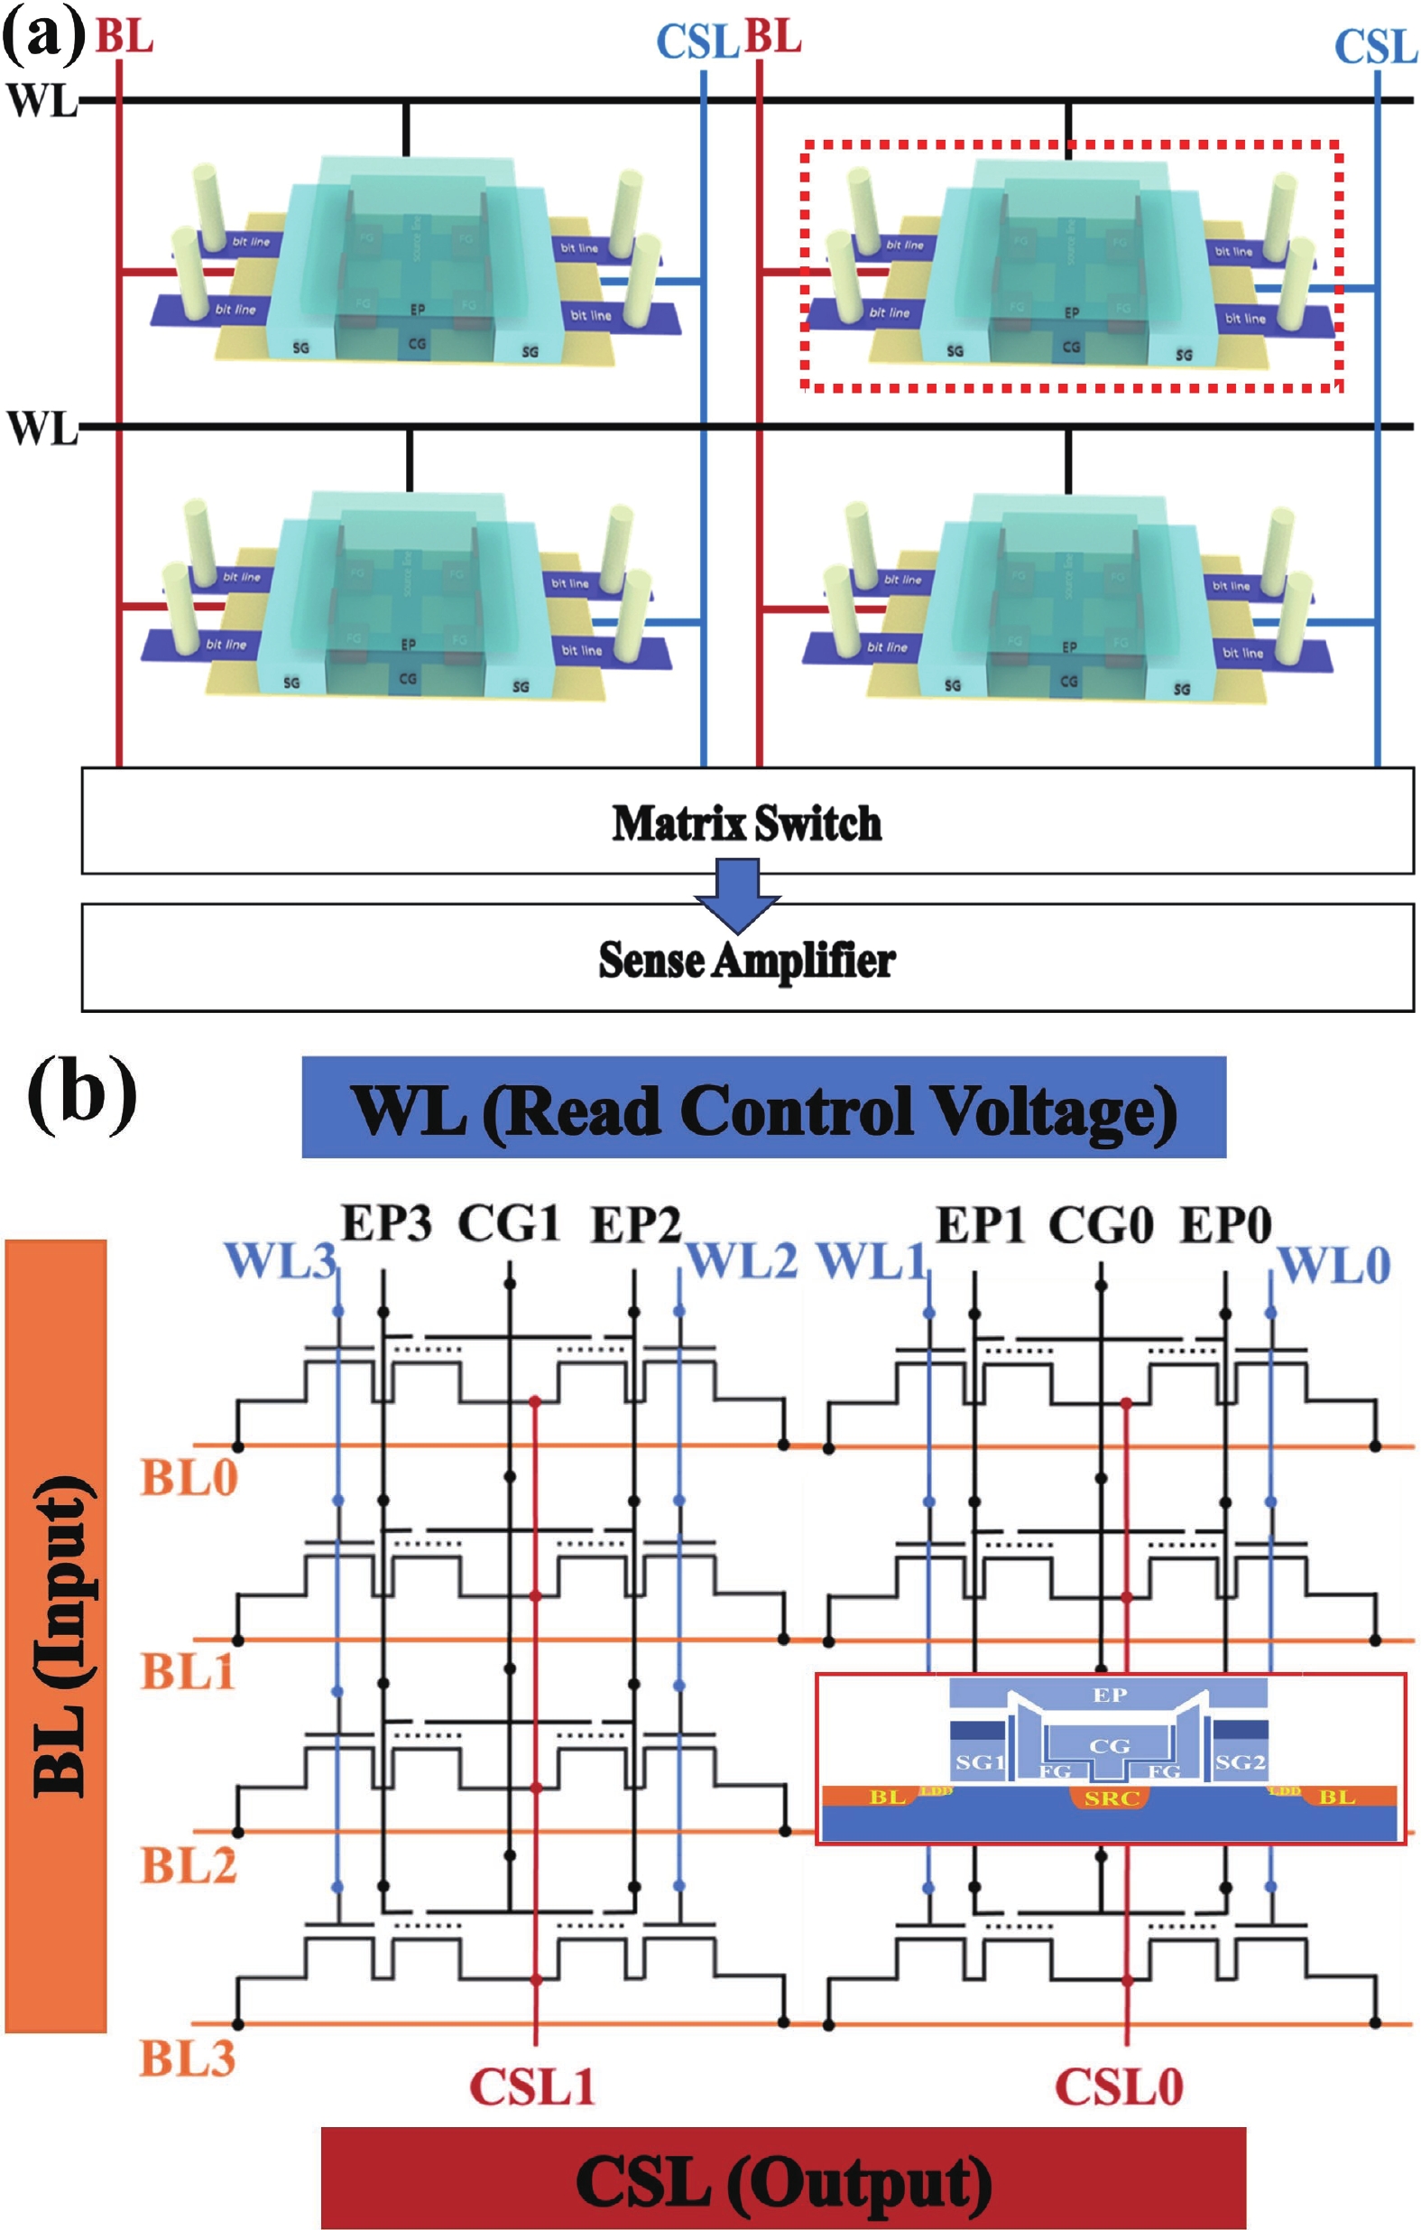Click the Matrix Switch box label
[x=746, y=823]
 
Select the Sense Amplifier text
[x=746, y=961]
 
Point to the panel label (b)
[x=81, y=1095]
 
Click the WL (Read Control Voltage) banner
[x=763, y=1109]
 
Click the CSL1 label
[x=531, y=2087]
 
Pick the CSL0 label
[x=1120, y=2087]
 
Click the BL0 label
[x=189, y=1479]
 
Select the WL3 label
[x=281, y=1261]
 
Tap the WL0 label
[x=1334, y=1266]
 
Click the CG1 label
[x=509, y=1223]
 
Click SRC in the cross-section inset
[x=1110, y=1799]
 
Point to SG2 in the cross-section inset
[x=1240, y=1762]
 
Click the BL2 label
[x=189, y=1866]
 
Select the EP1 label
[x=981, y=1226]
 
